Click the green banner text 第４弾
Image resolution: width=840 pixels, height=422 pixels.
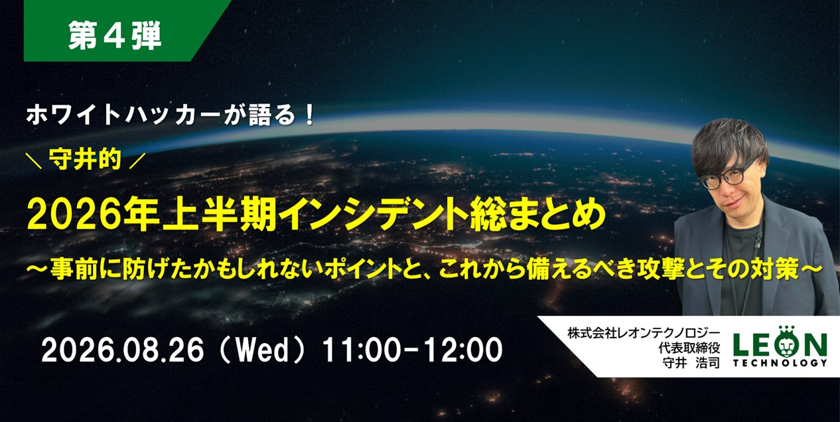(x=115, y=35)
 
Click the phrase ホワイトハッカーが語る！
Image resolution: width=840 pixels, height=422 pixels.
(x=171, y=115)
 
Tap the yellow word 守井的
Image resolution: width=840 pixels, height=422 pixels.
(x=86, y=159)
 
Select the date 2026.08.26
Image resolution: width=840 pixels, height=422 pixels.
(x=123, y=350)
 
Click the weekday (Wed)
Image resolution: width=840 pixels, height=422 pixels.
(x=261, y=350)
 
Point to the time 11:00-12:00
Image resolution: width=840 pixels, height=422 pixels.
(x=412, y=350)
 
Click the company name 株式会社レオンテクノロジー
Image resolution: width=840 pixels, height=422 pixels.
(x=644, y=333)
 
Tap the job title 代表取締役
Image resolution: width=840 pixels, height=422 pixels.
(x=689, y=348)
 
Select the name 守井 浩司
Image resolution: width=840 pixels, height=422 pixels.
(x=691, y=363)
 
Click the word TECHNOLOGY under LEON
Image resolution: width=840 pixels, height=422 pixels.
(x=780, y=363)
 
